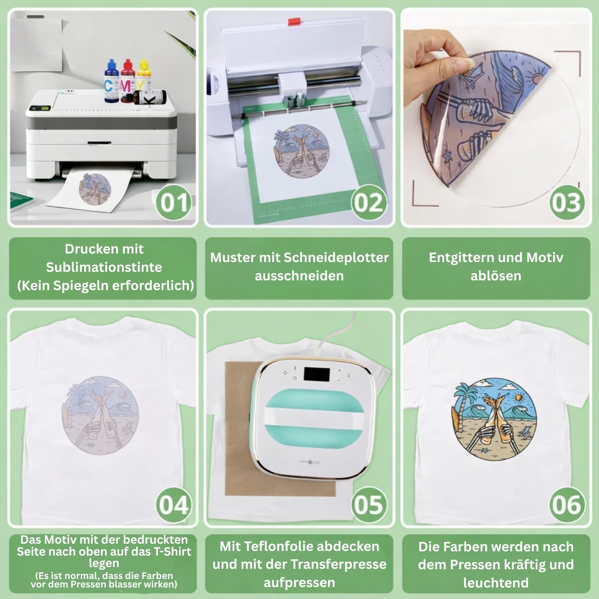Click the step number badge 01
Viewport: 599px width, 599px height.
174,203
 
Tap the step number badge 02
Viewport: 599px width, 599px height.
369,203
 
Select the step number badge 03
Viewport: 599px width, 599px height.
567,203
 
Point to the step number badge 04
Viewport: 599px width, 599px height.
174,505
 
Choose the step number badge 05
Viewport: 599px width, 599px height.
369,505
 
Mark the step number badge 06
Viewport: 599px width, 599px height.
567,505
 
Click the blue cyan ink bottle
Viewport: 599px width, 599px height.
111,81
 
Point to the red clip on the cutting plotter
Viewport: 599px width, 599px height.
294,22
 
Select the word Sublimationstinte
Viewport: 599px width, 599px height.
104,267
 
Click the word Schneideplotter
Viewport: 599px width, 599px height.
336,258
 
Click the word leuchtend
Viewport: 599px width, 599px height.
496,582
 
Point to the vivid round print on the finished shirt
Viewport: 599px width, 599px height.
494,419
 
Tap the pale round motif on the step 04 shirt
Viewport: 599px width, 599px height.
100,416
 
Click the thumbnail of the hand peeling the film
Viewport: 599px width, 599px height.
496,117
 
